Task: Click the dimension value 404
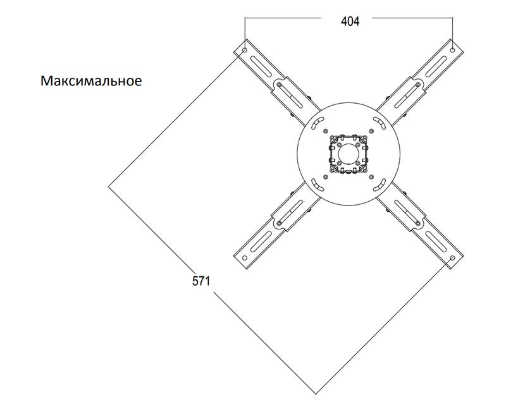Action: pos(350,21)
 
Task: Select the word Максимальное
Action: pos(90,82)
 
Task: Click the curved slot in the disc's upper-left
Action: pos(316,122)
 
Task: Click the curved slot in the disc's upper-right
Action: pos(380,122)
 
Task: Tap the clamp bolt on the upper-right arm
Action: pos(417,85)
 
